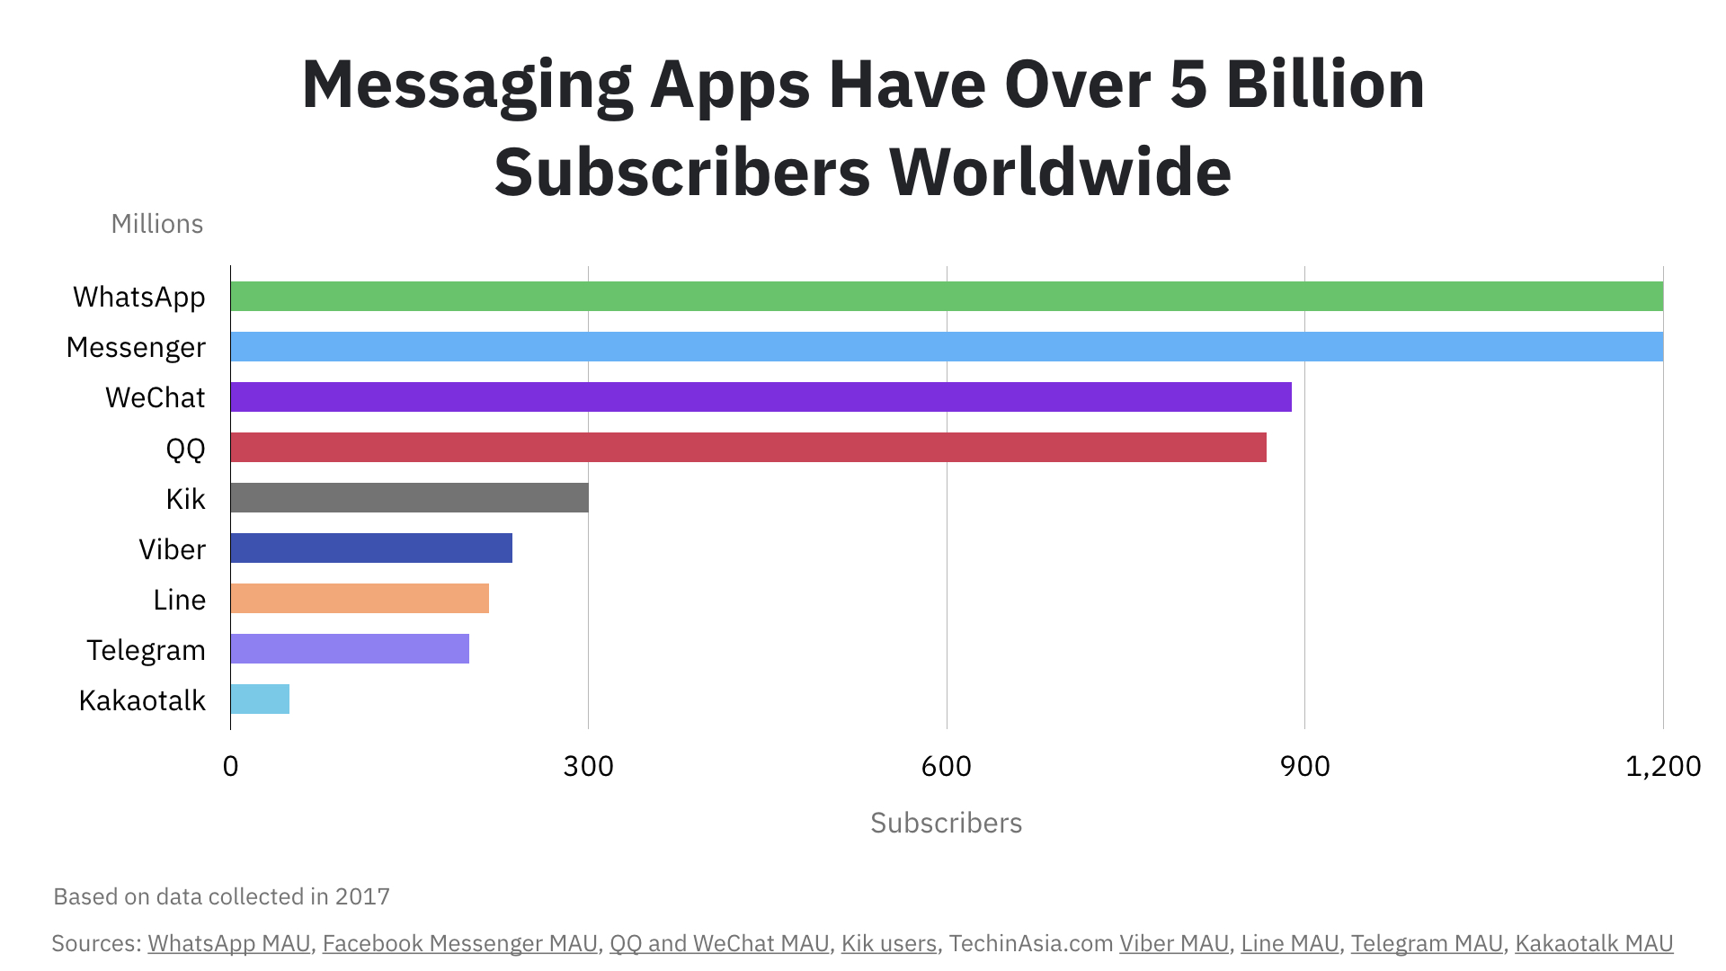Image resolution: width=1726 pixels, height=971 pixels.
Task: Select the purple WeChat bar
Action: pos(761,397)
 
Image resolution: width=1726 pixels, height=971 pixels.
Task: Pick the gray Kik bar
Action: pos(409,498)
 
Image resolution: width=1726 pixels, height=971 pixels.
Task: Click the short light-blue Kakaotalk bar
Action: pos(260,699)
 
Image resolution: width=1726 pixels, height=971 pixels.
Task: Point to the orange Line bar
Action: pos(360,599)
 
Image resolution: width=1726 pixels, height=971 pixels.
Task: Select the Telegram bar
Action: pos(350,649)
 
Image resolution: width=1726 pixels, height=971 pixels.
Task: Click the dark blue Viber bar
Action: pos(371,548)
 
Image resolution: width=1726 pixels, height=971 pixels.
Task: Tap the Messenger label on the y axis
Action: pos(136,347)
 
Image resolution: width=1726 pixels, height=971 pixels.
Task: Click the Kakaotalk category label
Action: pos(142,700)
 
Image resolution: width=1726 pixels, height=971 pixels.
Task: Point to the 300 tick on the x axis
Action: pos(588,766)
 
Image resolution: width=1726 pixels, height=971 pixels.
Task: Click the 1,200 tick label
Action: pos(1663,766)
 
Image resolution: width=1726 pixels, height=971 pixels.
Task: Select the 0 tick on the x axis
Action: pos(230,766)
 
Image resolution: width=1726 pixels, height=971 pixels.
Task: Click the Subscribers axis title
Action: pos(946,823)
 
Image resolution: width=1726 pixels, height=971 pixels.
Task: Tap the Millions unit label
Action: pos(156,224)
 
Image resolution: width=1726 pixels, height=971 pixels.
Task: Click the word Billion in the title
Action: pos(1325,85)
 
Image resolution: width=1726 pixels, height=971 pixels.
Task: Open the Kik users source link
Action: pos(888,943)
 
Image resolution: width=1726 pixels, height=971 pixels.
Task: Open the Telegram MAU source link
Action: pos(1426,943)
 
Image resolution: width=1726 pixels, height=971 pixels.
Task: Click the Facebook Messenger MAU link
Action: pos(459,943)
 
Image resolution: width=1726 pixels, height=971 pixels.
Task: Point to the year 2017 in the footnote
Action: pos(362,896)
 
